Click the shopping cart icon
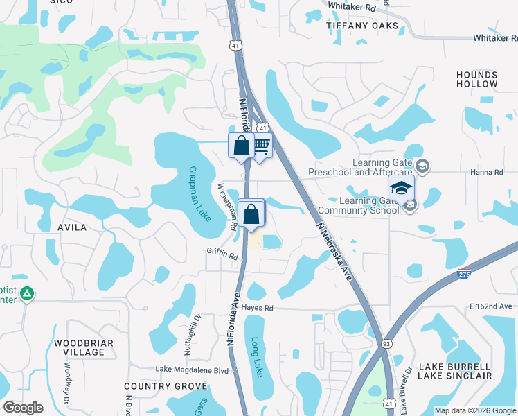click(x=261, y=146)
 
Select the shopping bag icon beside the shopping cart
click(x=241, y=146)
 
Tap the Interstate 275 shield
click(x=465, y=275)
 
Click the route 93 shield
click(x=386, y=343)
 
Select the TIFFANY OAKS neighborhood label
click(x=363, y=26)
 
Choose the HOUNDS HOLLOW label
click(x=476, y=79)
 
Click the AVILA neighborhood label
click(x=72, y=227)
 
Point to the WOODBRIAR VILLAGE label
click(x=79, y=347)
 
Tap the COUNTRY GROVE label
click(x=157, y=385)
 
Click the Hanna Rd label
click(x=489, y=172)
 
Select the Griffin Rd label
click(x=222, y=256)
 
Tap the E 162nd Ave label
click(x=490, y=306)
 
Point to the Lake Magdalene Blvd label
click(x=192, y=370)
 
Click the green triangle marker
click(x=27, y=294)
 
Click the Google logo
click(x=23, y=408)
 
